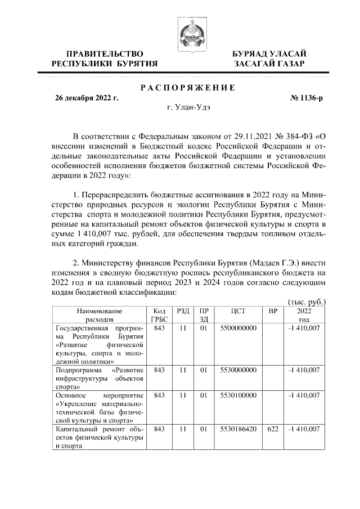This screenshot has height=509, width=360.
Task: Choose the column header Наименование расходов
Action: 99,314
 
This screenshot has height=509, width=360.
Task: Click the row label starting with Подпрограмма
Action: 99,378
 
